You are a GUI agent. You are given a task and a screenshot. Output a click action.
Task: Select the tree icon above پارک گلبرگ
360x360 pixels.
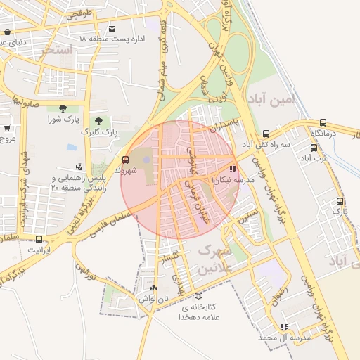[98, 121]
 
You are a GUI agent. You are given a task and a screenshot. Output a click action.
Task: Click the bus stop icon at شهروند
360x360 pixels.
[126, 160]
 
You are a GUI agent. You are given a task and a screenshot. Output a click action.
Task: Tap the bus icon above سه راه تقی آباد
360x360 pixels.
[266, 134]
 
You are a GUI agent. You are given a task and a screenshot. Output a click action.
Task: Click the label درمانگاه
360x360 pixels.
[326, 133]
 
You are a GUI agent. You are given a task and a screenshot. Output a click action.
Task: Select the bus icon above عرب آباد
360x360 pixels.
[314, 148]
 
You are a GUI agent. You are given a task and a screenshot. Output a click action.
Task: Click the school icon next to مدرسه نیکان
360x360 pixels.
[233, 169]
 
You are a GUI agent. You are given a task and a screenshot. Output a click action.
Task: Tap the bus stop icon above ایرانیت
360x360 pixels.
[39, 239]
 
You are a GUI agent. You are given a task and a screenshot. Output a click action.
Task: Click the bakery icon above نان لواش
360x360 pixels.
[154, 288]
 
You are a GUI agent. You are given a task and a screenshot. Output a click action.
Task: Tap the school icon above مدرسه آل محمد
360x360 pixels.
[284, 327]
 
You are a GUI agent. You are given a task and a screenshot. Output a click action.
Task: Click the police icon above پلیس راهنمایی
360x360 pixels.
[79, 167]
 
